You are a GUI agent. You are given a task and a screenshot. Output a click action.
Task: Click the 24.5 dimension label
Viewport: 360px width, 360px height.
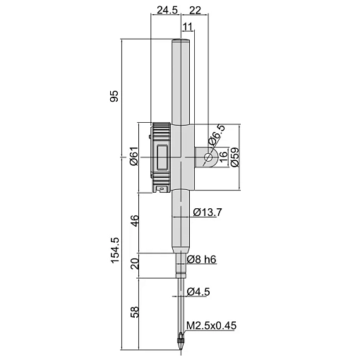(167, 11)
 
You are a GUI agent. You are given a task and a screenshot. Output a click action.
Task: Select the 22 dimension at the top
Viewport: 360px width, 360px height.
(195, 11)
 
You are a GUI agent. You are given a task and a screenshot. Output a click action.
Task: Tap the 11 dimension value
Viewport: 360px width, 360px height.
(188, 27)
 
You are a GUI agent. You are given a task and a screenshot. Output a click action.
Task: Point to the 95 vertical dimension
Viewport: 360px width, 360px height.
(114, 96)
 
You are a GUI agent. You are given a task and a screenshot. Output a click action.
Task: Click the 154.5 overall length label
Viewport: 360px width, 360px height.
(115, 250)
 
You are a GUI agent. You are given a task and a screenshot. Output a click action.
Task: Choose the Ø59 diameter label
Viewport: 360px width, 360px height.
(234, 157)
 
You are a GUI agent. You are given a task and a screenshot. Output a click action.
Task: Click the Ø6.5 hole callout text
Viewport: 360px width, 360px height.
(217, 135)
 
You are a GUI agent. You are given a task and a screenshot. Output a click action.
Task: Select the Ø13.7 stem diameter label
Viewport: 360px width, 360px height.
(208, 212)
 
